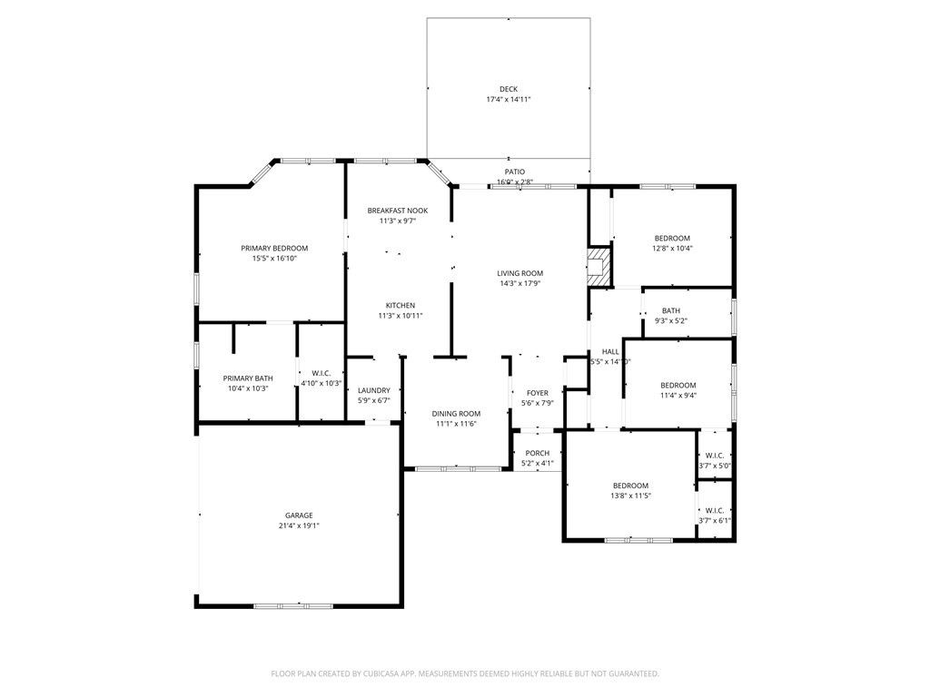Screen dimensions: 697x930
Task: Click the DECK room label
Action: (x=508, y=89)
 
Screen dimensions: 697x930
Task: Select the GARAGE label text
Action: (x=299, y=515)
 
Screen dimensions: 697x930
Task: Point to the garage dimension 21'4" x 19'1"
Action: (x=299, y=525)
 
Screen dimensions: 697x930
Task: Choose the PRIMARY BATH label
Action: (x=248, y=378)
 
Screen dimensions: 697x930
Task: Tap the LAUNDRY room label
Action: (x=373, y=390)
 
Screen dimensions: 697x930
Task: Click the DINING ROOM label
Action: (x=456, y=413)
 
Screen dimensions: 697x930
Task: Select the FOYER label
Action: (x=538, y=393)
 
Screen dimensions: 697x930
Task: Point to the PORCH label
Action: (x=538, y=453)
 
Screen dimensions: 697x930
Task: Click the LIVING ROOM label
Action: (x=519, y=273)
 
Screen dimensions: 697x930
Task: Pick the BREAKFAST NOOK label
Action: (x=398, y=211)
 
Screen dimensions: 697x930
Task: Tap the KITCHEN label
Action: (x=401, y=305)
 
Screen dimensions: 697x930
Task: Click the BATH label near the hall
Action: (x=671, y=310)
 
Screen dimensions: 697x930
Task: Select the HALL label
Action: (x=609, y=351)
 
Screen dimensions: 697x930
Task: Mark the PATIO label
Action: (x=515, y=172)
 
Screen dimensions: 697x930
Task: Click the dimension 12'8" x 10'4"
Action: (x=672, y=248)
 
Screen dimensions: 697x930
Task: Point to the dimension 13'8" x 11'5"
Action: (x=630, y=496)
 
